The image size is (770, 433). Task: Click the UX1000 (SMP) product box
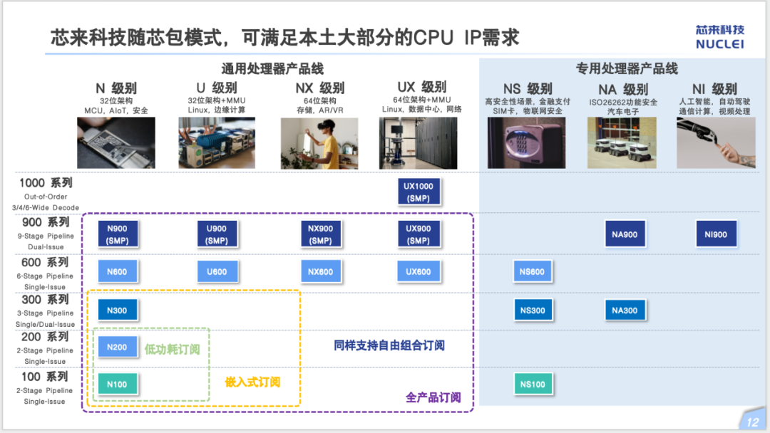[419, 192]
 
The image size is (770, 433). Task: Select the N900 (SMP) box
[117, 234]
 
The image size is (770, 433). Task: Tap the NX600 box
[320, 272]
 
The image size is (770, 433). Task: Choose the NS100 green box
[533, 385]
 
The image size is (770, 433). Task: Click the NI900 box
[716, 234]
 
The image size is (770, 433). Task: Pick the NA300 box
[625, 311]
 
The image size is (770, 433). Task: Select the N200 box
[117, 348]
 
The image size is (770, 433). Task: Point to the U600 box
[217, 272]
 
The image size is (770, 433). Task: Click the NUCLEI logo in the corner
[719, 37]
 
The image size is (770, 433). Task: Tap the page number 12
[752, 422]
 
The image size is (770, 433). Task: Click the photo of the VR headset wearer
[319, 143]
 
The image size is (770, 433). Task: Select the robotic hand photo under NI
[715, 143]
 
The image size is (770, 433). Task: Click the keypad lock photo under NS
[526, 143]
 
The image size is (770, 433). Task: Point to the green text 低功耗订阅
[173, 350]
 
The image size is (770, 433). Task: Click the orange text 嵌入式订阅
[252, 382]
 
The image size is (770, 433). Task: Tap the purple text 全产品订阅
[433, 397]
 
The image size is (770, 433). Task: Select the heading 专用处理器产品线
[627, 69]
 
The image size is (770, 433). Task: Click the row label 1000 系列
[46, 183]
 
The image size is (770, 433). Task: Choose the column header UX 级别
[422, 87]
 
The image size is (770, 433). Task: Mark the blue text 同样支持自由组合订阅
[389, 345]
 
